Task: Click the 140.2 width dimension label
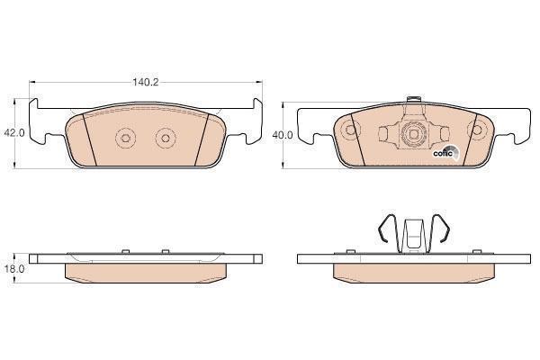(145, 82)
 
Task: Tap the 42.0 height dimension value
(13, 132)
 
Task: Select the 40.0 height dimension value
(283, 135)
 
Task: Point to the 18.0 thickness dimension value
(14, 269)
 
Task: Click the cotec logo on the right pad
(445, 152)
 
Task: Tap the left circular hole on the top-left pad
(125, 138)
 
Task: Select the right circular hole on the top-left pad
(166, 138)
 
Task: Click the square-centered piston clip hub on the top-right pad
(414, 134)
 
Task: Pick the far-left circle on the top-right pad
(350, 130)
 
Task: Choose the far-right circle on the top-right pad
(477, 130)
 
